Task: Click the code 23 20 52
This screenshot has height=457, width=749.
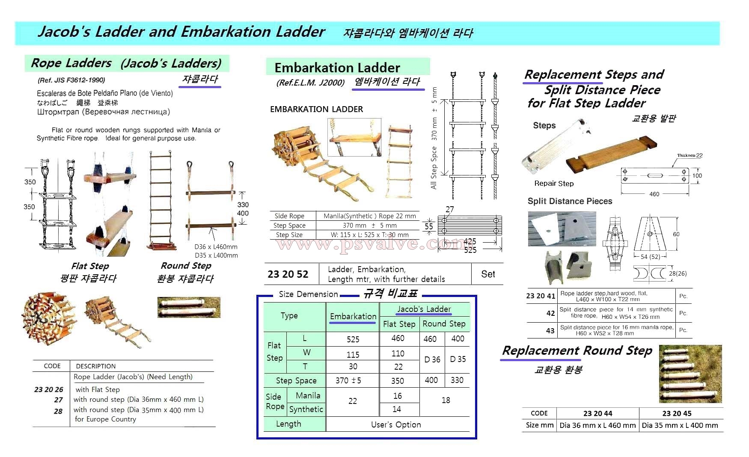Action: pyautogui.click(x=288, y=274)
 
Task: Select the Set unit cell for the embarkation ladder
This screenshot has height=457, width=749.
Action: pyautogui.click(x=488, y=274)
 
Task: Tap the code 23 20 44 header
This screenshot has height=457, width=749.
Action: pyautogui.click(x=597, y=413)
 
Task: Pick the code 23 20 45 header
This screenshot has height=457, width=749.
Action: pyautogui.click(x=677, y=413)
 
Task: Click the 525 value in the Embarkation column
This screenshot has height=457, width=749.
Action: pyautogui.click(x=353, y=339)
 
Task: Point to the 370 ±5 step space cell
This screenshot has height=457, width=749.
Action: pyautogui.click(x=348, y=380)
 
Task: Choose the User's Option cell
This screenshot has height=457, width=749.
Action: pyautogui.click(x=396, y=424)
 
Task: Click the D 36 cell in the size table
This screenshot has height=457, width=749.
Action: pyautogui.click(x=432, y=359)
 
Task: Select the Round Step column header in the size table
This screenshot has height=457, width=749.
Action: pyautogui.click(x=444, y=324)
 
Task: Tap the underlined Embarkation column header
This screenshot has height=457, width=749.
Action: pyautogui.click(x=353, y=316)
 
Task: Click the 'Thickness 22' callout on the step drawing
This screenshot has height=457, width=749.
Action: pyautogui.click(x=690, y=156)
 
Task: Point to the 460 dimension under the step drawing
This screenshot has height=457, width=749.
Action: pyautogui.click(x=654, y=194)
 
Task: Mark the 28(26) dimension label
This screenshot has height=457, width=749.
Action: pyautogui.click(x=678, y=273)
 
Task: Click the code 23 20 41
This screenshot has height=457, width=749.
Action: pyautogui.click(x=541, y=296)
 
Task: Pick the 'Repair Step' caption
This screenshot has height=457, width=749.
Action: pyautogui.click(x=554, y=184)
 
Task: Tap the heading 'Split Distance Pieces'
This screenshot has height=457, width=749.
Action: pyautogui.click(x=570, y=201)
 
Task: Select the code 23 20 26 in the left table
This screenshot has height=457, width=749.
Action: pyautogui.click(x=49, y=389)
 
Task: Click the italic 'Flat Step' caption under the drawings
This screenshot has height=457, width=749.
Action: pyautogui.click(x=90, y=266)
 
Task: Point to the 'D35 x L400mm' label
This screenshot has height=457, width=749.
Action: pyautogui.click(x=216, y=255)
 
